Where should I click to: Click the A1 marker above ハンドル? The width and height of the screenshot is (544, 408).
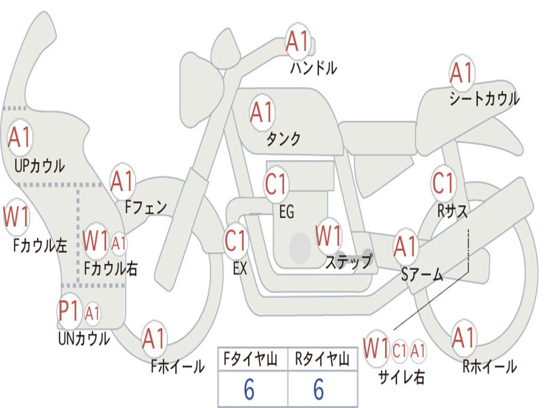tap(297, 41)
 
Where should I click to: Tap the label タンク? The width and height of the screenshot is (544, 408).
tap(284, 139)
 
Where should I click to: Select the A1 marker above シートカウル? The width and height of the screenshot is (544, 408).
tap(462, 72)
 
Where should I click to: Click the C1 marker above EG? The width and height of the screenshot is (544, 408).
tap(276, 183)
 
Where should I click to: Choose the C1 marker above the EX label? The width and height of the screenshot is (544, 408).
tap(235, 241)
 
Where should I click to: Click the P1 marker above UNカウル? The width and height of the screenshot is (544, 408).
tap(69, 310)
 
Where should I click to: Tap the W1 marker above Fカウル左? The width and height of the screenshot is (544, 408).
tap(16, 217)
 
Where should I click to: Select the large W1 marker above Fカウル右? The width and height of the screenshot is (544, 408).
tap(96, 241)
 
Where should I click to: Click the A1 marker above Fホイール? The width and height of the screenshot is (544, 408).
tap(154, 338)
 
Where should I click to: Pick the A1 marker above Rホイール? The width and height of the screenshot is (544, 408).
tap(463, 337)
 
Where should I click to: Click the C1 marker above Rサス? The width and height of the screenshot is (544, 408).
tap(443, 183)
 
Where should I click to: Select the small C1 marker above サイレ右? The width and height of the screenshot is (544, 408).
tap(399, 351)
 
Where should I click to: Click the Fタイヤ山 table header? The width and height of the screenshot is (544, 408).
tap(250, 359)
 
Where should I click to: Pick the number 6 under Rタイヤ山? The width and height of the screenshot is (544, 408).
tap(319, 389)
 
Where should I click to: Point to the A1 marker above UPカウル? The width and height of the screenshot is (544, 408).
tap(20, 138)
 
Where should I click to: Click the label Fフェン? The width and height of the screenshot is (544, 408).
tap(146, 207)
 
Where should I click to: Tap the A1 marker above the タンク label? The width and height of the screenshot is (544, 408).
tap(262, 113)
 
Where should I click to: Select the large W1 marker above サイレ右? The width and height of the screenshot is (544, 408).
tap(376, 348)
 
